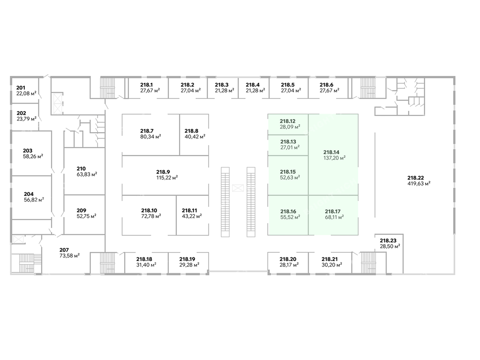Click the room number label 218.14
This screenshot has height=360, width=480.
coord(331,152)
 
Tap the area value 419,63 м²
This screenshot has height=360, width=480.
coord(419,183)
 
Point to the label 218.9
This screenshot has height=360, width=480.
coord(163,172)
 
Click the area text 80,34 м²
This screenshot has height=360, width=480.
coord(150,137)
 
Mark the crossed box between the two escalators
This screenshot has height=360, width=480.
coord(238,188)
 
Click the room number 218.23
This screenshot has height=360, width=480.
coord(388,240)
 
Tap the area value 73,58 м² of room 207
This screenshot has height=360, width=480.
coord(69,255)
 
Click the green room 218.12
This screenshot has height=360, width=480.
coord(288,124)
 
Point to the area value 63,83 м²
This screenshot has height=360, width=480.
coord(87,174)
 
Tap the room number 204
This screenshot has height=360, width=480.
coord(28,193)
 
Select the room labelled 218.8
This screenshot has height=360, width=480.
coord(194,134)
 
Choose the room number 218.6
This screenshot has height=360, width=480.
coord(326,85)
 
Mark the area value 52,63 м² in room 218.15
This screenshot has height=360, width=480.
coord(290,177)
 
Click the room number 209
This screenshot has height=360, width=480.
coord(82,210)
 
